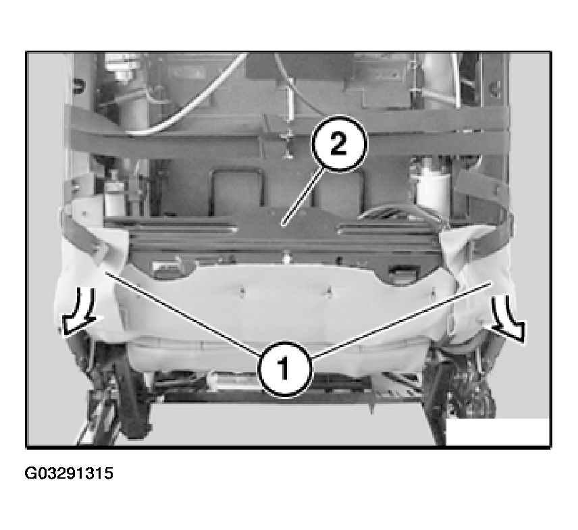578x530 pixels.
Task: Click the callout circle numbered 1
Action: pos(284,369)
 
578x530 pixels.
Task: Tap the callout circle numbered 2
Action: pos(339,143)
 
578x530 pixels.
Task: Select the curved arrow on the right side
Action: pos(509,319)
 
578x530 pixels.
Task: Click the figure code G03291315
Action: pos(69,473)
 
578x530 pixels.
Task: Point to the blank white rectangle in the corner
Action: pos(497,431)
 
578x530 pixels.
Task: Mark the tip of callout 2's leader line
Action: pos(282,223)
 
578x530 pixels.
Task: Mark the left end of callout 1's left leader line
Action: pos(106,272)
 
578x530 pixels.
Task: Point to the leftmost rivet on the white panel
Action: pos(241,292)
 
